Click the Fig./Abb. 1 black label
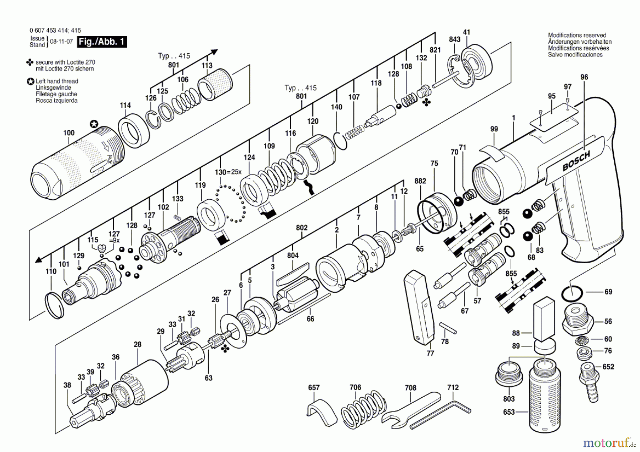(x=102, y=42)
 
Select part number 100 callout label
(x=69, y=133)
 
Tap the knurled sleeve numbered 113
(x=215, y=84)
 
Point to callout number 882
(x=420, y=181)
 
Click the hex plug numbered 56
(x=577, y=320)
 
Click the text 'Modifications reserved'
(x=577, y=35)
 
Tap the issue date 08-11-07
(x=61, y=42)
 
